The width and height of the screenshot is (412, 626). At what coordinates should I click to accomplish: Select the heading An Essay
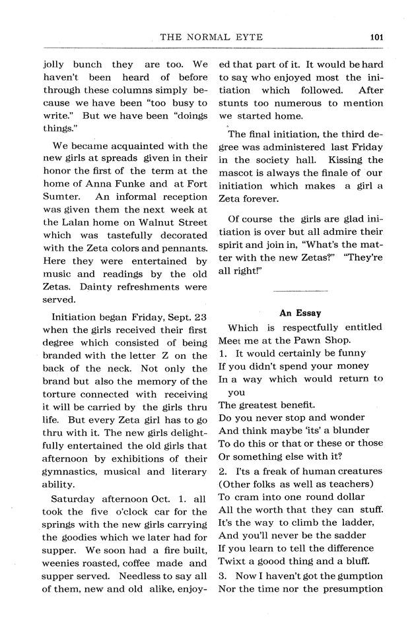[300, 313]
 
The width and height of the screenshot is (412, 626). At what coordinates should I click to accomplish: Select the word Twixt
[232, 558]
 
